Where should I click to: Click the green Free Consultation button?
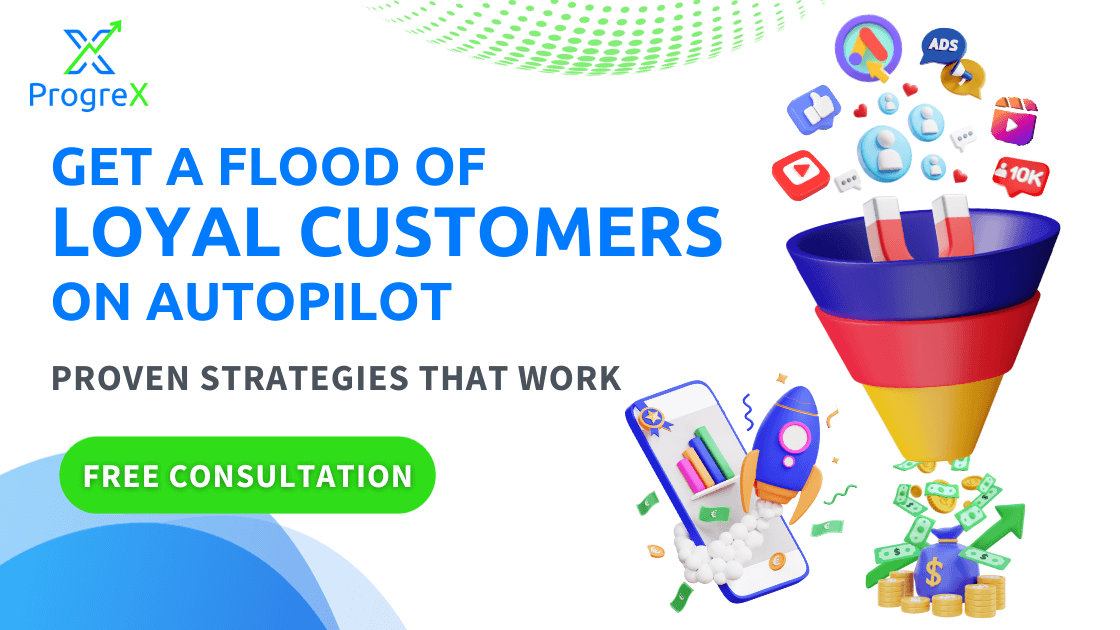pos(247,475)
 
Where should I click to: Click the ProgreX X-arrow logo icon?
pos(92,48)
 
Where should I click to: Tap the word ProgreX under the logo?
pos(89,95)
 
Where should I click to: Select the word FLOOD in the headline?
pos(309,167)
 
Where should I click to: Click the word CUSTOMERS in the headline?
pos(511,232)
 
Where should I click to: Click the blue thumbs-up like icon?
pos(814,110)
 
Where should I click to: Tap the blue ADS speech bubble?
pos(942,46)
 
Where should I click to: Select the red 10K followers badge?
pos(1021,176)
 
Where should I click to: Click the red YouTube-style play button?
pos(800,174)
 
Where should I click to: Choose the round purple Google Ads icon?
pos(869,49)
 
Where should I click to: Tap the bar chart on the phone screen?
pos(705,461)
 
